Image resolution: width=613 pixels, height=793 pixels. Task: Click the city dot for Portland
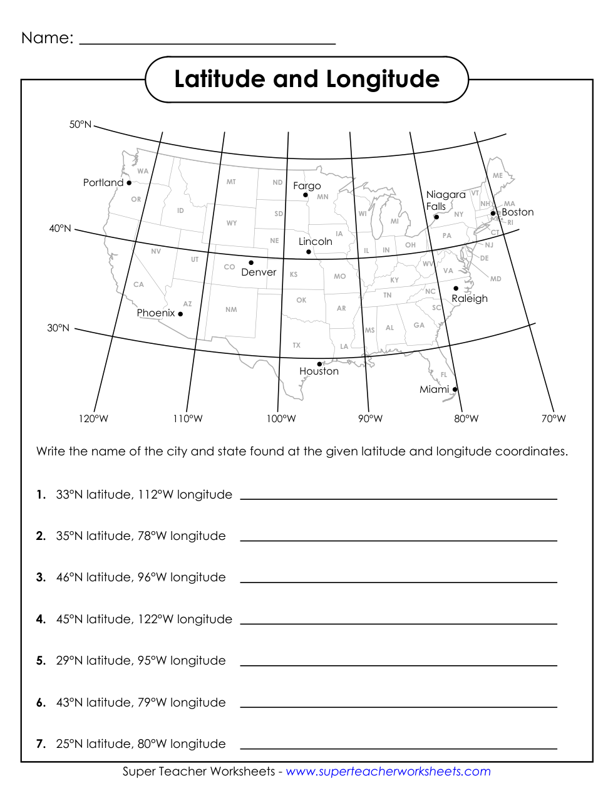pos(129,183)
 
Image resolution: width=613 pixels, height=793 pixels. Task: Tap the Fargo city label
pos(307,186)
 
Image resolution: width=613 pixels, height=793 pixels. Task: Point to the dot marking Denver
pos(251,263)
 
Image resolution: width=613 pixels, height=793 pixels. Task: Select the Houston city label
pos(319,371)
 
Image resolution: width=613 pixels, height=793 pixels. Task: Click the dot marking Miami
pos(455,390)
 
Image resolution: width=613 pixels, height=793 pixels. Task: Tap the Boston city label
pos(517,212)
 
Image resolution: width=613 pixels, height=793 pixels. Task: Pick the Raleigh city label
pos(469,299)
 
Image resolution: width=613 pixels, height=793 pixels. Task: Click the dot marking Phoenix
pos(180,314)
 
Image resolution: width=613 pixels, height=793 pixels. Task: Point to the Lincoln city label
pos(315,242)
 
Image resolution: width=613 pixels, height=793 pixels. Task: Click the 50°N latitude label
pos(80,125)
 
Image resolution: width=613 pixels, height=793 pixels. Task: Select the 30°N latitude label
pos(58,328)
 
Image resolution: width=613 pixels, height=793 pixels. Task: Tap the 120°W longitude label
pos(93,419)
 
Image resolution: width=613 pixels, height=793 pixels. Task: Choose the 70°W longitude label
pos(554,419)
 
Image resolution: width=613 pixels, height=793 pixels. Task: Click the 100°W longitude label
pos(281,419)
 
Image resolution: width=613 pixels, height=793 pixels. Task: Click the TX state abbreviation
pos(296,345)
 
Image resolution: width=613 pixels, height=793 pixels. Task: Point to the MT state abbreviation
pos(231,182)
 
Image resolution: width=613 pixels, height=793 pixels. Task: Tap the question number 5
pos(41,661)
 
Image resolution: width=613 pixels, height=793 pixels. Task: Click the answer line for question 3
pos(398,581)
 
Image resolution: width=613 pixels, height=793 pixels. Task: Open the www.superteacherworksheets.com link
pos(388,772)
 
